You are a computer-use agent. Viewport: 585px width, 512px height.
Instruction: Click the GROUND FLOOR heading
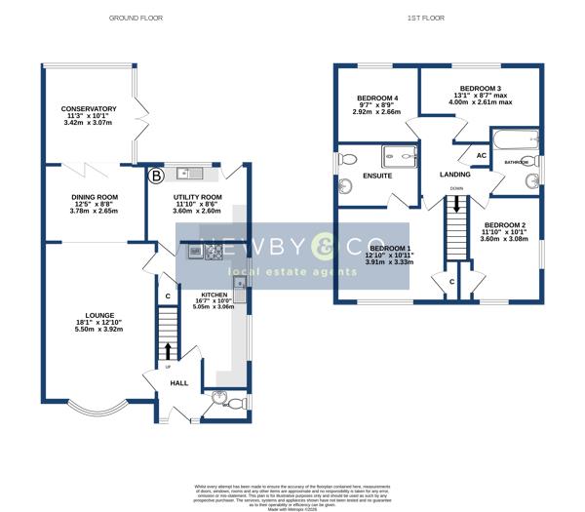point(136,19)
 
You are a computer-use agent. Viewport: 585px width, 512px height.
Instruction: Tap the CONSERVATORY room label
point(89,109)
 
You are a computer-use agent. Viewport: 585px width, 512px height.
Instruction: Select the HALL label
point(179,383)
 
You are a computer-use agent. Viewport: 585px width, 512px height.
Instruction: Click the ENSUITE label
point(376,177)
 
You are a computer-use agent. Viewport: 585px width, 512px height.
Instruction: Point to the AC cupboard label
point(481,155)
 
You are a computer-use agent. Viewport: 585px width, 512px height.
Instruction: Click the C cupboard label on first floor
point(450,282)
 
